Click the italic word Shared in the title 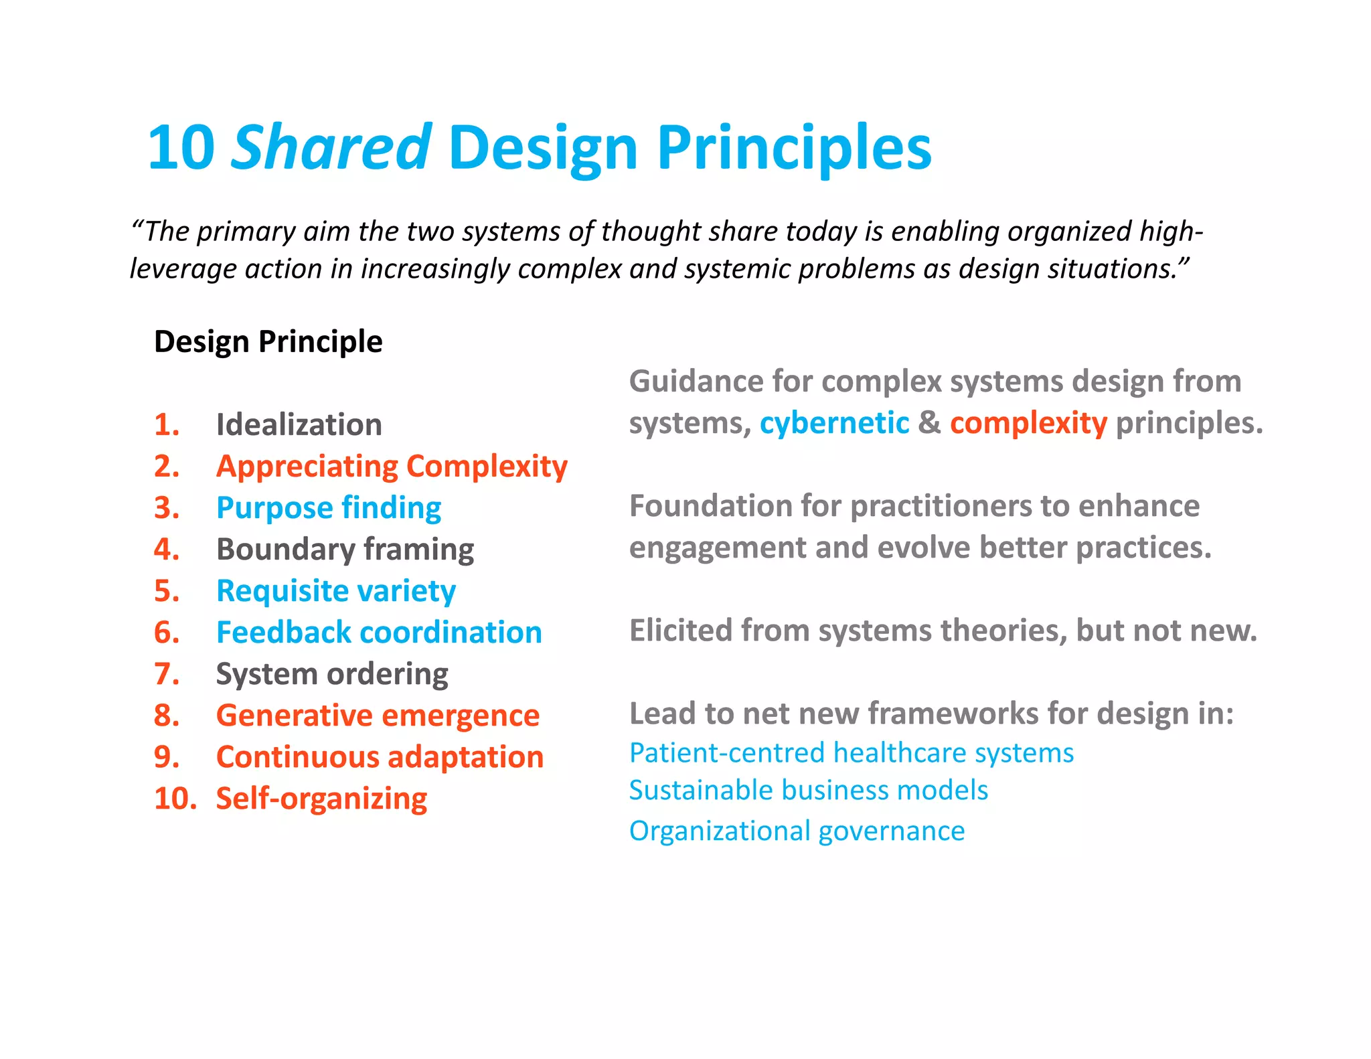coord(331,147)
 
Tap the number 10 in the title coord(181,147)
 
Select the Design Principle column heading coord(268,341)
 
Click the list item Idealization coord(299,424)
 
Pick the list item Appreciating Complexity coord(392,466)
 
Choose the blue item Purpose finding coord(329,507)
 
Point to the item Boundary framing coord(345,549)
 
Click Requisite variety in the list coord(336,590)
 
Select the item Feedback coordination coord(379,632)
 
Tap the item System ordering coord(332,673)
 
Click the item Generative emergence coord(378,715)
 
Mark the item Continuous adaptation coord(380,756)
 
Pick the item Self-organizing coord(321,798)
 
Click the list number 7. coord(166,673)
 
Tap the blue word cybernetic coord(834,423)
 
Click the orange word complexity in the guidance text coord(1028,423)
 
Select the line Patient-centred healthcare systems coord(852,752)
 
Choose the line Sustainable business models coord(809,790)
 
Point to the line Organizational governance coord(797,831)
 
